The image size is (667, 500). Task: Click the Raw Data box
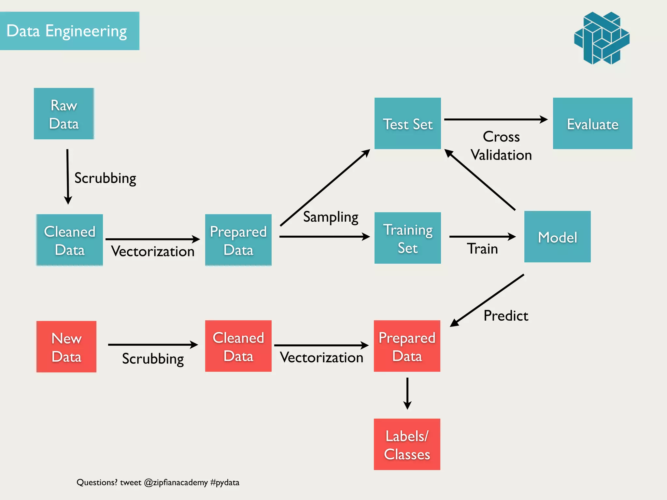pyautogui.click(x=64, y=114)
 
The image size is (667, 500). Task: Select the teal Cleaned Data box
pyautogui.click(x=70, y=240)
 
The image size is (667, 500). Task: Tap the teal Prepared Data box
pyautogui.click(x=238, y=240)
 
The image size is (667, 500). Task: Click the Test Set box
pyautogui.click(x=407, y=123)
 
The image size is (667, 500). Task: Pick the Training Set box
pyautogui.click(x=407, y=238)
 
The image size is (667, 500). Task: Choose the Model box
pyautogui.click(x=557, y=237)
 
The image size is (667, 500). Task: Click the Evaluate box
pyautogui.click(x=592, y=123)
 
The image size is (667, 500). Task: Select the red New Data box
pyautogui.click(x=66, y=347)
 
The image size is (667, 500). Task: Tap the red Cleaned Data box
pyautogui.click(x=238, y=346)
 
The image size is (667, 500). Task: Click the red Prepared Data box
pyautogui.click(x=407, y=346)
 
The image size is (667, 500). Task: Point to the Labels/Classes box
pyautogui.click(x=407, y=444)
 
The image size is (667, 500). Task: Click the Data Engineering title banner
pyautogui.click(x=69, y=31)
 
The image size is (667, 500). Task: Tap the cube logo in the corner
pyautogui.click(x=602, y=38)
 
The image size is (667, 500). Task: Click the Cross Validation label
pyautogui.click(x=501, y=146)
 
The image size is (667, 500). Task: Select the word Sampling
pyautogui.click(x=331, y=217)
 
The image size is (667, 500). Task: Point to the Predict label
pyautogui.click(x=505, y=315)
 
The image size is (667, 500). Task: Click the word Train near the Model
pyautogui.click(x=482, y=249)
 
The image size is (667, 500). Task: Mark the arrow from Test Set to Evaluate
pyautogui.click(x=495, y=119)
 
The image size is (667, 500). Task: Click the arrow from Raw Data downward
pyautogui.click(x=68, y=176)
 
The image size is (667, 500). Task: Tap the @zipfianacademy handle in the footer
pyautogui.click(x=176, y=482)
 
